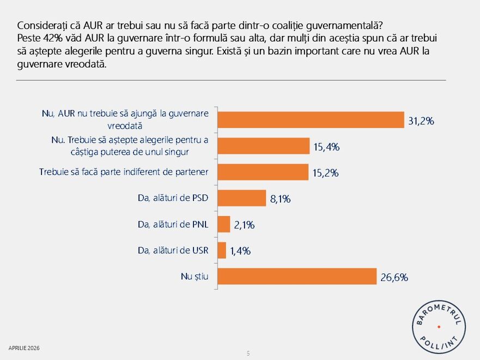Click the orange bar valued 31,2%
311,120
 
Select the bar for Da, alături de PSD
241,198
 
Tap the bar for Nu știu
297,276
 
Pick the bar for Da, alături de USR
222,251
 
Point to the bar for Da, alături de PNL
224,224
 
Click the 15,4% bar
264,146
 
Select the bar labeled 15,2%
263,172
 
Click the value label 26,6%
394,277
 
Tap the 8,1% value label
280,199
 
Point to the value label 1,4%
240,251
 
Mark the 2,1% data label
244,225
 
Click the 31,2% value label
421,121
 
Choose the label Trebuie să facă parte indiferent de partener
124,172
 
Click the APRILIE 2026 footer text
24,347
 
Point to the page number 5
248,353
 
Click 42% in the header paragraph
48,39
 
